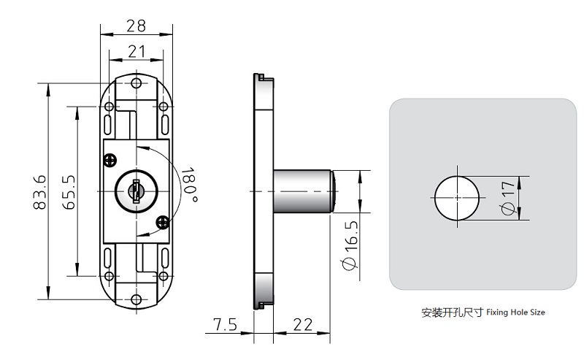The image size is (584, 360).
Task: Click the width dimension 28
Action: pos(136,26)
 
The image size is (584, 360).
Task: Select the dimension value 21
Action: pos(136,51)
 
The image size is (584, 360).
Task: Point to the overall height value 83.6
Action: pos(39,192)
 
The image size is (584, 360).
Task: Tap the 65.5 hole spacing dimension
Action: pos(68,192)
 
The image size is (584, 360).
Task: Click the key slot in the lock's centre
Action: pos(135,192)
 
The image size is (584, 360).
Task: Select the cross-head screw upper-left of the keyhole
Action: pos(110,159)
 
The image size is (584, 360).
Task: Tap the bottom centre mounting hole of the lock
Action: pos(136,300)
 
